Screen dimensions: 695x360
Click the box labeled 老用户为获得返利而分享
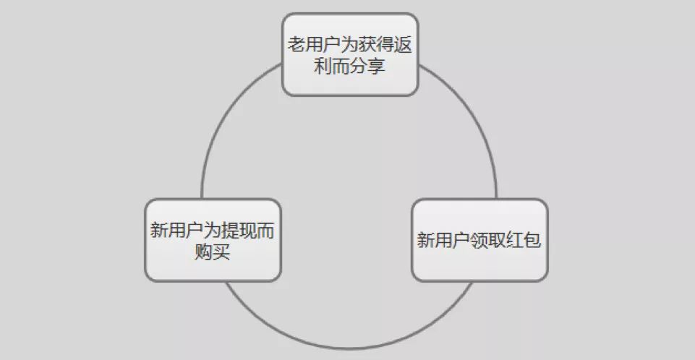click(x=350, y=54)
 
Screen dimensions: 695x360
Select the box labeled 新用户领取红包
click(x=479, y=239)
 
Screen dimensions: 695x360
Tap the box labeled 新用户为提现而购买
click(x=213, y=239)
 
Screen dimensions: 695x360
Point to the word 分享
click(x=367, y=66)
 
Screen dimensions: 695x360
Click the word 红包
click(x=524, y=240)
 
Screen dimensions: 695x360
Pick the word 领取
click(x=488, y=240)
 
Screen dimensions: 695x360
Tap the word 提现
click(x=239, y=231)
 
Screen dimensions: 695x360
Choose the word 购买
click(x=213, y=252)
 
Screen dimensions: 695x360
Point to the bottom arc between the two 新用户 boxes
click(x=349, y=348)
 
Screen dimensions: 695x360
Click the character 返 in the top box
click(x=404, y=44)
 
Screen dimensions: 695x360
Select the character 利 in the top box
click(x=323, y=66)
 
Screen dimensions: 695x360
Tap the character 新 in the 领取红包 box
click(x=426, y=240)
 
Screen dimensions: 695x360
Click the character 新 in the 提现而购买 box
click(x=159, y=231)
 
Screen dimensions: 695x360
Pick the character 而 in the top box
click(x=341, y=66)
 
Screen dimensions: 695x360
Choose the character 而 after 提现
click(x=265, y=231)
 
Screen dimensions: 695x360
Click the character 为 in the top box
click(x=350, y=44)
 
